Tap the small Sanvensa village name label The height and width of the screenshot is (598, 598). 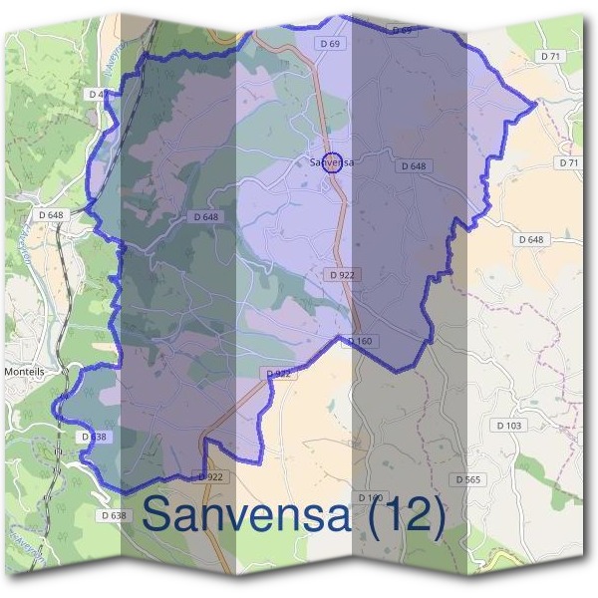pyautogui.click(x=333, y=159)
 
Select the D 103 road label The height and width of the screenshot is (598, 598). pyautogui.click(x=508, y=426)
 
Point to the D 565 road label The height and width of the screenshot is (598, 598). pyautogui.click(x=468, y=479)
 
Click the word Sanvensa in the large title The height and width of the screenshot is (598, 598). pyautogui.click(x=246, y=515)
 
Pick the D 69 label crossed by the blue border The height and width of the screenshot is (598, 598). pyautogui.click(x=401, y=30)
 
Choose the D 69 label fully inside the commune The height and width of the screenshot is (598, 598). pyautogui.click(x=331, y=44)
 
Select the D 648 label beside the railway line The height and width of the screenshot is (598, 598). pyautogui.click(x=51, y=214)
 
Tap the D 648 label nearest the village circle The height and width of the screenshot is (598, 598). pyautogui.click(x=414, y=166)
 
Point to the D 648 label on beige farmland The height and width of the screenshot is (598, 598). pyautogui.click(x=532, y=239)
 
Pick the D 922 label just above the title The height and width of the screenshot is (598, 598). pyautogui.click(x=211, y=476)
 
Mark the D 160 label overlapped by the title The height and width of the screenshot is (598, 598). pyautogui.click(x=370, y=497)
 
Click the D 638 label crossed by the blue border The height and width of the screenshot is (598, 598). pyautogui.click(x=91, y=437)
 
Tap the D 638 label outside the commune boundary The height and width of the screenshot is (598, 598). pyautogui.click(x=114, y=515)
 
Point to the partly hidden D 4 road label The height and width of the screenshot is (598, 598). pyautogui.click(x=97, y=94)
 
